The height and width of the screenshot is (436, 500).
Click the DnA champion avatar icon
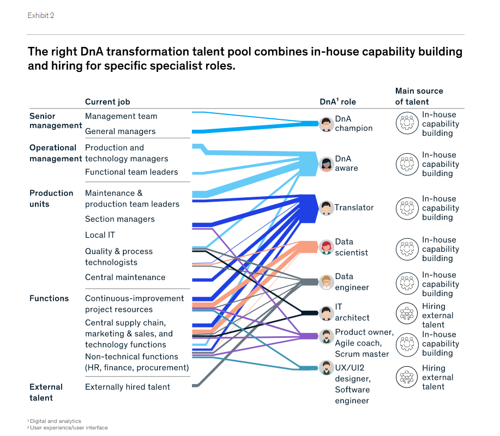pyautogui.click(x=326, y=124)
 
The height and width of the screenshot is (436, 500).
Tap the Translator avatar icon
pyautogui.click(x=326, y=208)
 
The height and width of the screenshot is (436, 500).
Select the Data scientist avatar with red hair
pyautogui.click(x=326, y=247)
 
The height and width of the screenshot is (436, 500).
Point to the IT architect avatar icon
pyautogui.click(x=326, y=313)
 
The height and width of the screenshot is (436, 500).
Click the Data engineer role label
pyautogui.click(x=352, y=282)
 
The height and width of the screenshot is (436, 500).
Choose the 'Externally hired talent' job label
pyautogui.click(x=128, y=387)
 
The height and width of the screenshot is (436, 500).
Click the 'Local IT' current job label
pyautogui.click(x=100, y=235)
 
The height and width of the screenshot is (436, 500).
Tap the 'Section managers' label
pyautogui.click(x=120, y=219)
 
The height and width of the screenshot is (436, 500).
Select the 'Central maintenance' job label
pyautogui.click(x=125, y=277)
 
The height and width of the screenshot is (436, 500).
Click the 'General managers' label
pyautogui.click(x=120, y=131)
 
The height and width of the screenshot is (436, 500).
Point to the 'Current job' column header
pyautogui.click(x=107, y=102)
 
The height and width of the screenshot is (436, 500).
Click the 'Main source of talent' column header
pyautogui.click(x=419, y=96)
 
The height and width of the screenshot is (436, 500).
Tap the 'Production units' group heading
pyautogui.click(x=51, y=198)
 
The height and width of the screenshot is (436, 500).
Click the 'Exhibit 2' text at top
pyautogui.click(x=41, y=15)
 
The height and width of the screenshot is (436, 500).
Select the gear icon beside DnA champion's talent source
pyautogui.click(x=406, y=124)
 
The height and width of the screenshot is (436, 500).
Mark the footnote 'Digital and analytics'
pyautogui.click(x=55, y=421)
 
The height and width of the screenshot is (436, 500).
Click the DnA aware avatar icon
pyautogui.click(x=326, y=163)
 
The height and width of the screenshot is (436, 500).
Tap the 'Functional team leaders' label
pyautogui.click(x=131, y=172)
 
